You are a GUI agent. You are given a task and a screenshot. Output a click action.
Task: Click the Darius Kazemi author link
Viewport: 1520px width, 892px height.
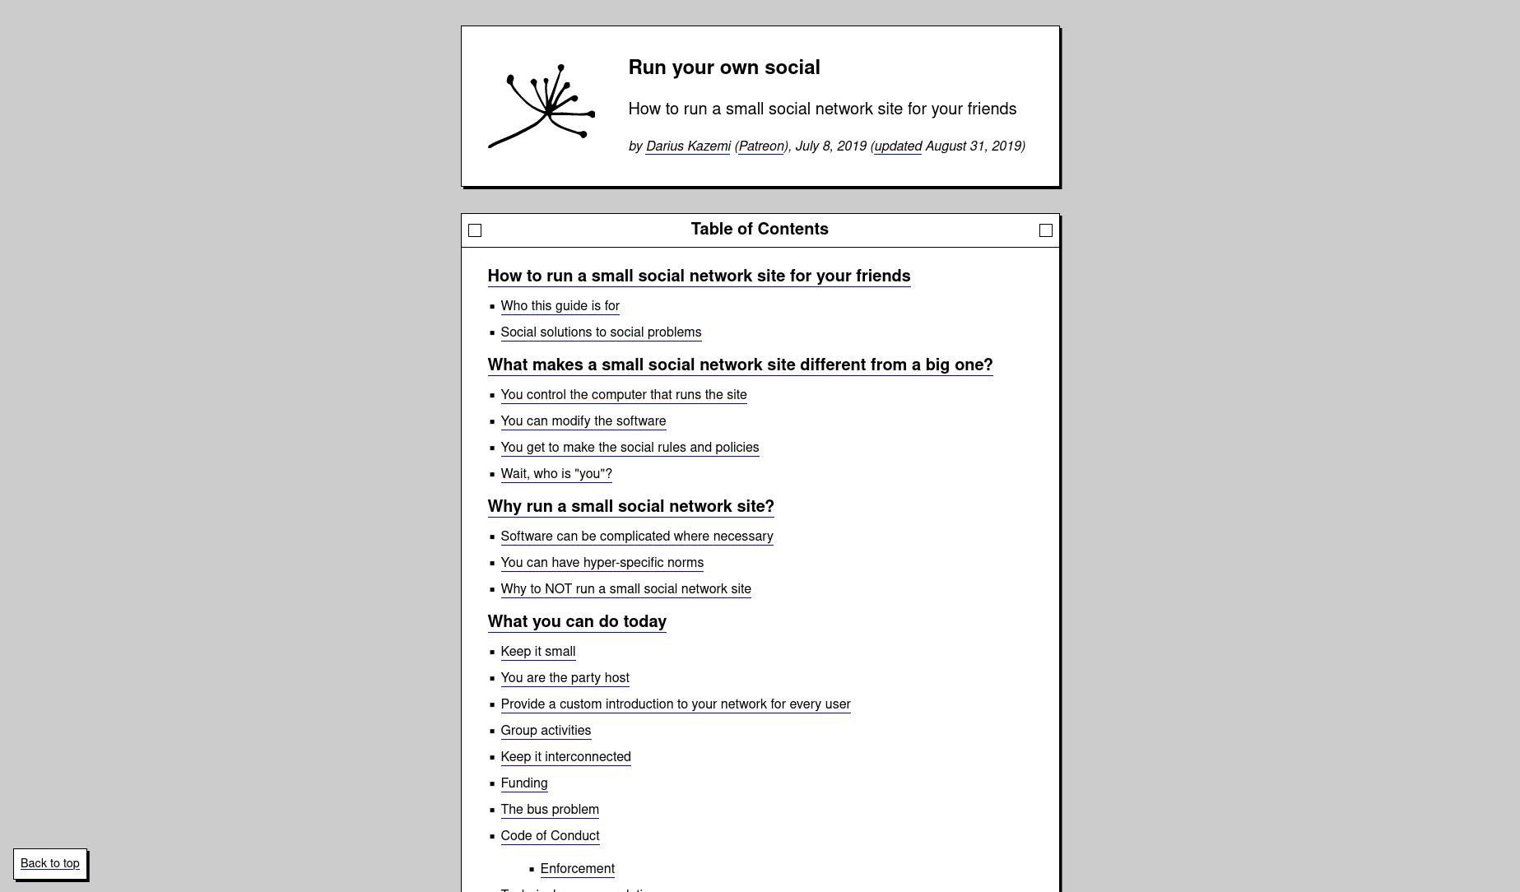[688, 146]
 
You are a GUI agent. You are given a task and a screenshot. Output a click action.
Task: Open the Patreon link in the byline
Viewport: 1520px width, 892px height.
[760, 146]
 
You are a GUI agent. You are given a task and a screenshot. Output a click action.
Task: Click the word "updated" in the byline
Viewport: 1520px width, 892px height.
[898, 146]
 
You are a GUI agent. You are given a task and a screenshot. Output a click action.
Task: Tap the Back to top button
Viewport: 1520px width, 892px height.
[50, 863]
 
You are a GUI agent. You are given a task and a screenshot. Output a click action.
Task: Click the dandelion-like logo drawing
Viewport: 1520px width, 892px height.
[542, 106]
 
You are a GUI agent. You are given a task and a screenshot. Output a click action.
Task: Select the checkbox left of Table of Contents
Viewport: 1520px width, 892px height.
[475, 230]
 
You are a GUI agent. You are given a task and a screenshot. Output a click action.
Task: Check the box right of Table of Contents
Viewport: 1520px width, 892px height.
[1046, 230]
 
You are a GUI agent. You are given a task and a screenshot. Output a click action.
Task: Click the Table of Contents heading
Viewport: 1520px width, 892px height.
[760, 230]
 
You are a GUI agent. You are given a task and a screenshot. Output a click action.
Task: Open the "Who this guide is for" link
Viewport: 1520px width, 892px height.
[560, 306]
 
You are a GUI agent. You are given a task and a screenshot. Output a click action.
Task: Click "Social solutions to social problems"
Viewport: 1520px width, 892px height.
[601, 332]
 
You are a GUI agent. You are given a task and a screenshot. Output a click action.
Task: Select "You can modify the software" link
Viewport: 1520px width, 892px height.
[583, 421]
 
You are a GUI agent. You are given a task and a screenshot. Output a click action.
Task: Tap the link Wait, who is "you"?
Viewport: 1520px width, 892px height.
[556, 474]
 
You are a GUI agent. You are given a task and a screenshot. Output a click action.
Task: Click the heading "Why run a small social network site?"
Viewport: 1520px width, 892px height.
[630, 506]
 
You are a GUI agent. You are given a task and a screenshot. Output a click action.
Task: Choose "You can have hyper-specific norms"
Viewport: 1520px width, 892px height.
[602, 563]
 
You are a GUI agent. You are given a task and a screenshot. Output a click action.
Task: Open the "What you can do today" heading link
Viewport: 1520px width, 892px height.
[577, 621]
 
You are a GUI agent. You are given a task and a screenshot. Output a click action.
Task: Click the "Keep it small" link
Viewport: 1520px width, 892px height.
[537, 652]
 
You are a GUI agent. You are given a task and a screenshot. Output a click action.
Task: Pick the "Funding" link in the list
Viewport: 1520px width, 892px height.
[523, 783]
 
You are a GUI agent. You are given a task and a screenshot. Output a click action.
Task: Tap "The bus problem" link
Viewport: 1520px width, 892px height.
[550, 810]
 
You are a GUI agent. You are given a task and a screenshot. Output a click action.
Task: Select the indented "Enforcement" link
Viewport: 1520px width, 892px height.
[577, 869]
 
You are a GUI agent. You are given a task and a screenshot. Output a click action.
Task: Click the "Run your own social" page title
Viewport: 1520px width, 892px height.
[724, 67]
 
